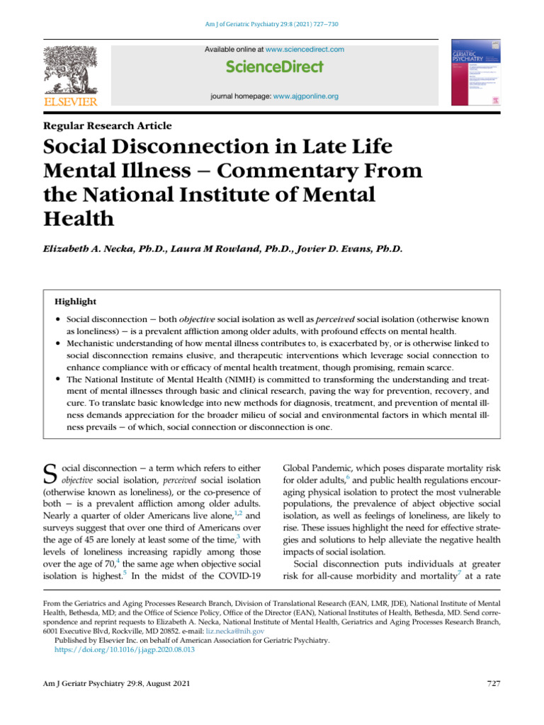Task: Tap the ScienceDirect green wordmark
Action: tap(275, 67)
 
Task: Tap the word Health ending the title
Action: tap(79, 218)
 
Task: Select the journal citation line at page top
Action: tap(272, 25)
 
